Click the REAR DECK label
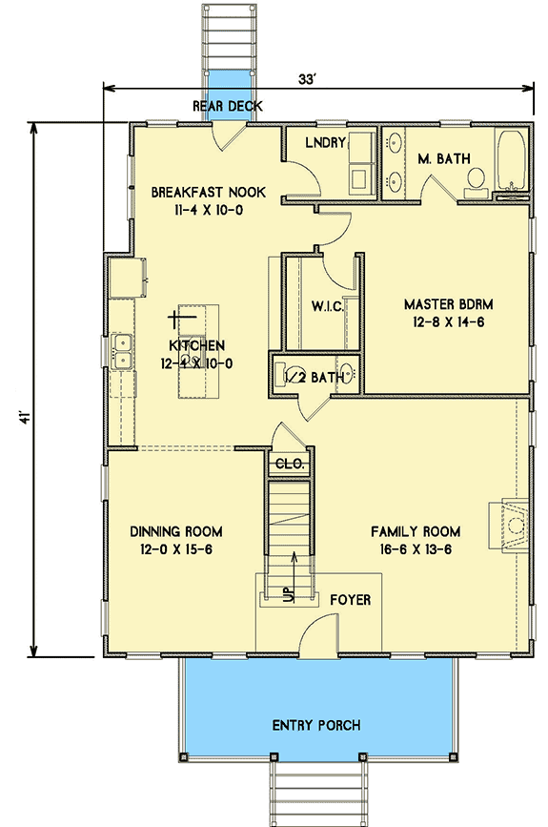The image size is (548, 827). (x=227, y=106)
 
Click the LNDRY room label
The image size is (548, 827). (x=324, y=143)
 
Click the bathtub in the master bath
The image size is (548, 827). (x=511, y=160)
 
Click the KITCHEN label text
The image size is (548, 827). (x=197, y=345)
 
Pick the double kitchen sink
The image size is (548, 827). (x=121, y=350)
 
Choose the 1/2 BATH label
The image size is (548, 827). (x=314, y=378)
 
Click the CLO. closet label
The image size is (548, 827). (x=288, y=464)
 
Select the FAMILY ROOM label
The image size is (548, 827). (x=416, y=531)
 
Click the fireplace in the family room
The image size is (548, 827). (x=510, y=525)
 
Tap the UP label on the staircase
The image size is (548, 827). (x=287, y=592)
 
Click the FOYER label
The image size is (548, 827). (x=350, y=600)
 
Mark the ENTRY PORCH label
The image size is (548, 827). (x=315, y=726)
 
